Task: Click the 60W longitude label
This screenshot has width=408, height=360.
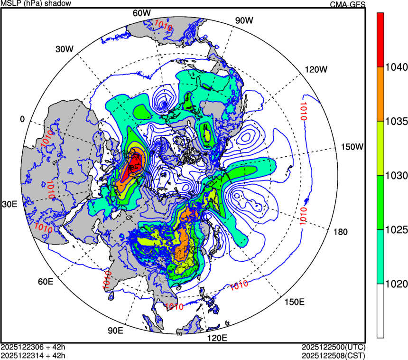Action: [x=142, y=13]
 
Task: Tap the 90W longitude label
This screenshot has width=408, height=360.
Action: [x=244, y=20]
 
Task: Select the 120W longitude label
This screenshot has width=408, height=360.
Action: [x=316, y=69]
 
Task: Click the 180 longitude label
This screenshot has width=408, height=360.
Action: [x=341, y=232]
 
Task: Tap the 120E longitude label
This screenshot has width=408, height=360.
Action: [x=218, y=338]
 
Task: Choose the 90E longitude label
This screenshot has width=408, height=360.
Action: [x=116, y=331]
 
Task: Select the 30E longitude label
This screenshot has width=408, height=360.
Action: [x=9, y=205]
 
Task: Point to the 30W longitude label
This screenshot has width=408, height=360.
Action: [x=65, y=49]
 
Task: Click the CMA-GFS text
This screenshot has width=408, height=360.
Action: [x=348, y=5]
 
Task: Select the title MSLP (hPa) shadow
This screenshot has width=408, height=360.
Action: [x=36, y=4]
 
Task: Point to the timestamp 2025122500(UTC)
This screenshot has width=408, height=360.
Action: [x=334, y=347]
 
